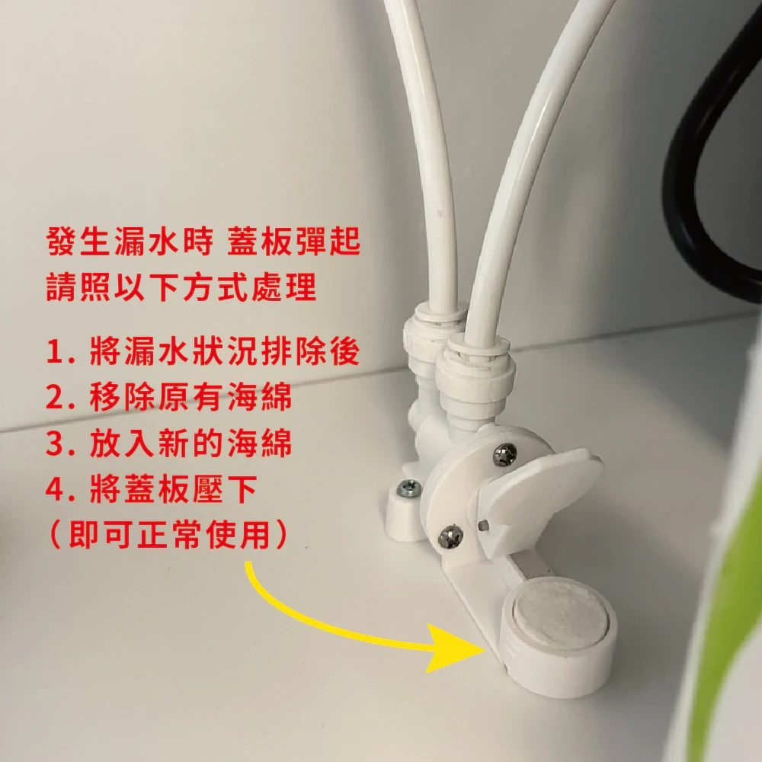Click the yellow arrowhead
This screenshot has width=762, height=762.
click(454, 649)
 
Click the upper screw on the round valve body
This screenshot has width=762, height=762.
click(505, 456)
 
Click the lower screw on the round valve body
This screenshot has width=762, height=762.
click(450, 537)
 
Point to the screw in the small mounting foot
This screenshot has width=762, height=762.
click(409, 488)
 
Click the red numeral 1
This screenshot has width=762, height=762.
click(54, 351)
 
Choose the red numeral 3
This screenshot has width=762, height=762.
click(56, 443)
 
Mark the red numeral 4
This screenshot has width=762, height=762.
click(56, 488)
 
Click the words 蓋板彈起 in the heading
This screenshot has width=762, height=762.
click(294, 241)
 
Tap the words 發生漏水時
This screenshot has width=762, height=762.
click(130, 241)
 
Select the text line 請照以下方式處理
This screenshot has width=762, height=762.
click(181, 287)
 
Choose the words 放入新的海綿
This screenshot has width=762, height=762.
click(190, 443)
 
